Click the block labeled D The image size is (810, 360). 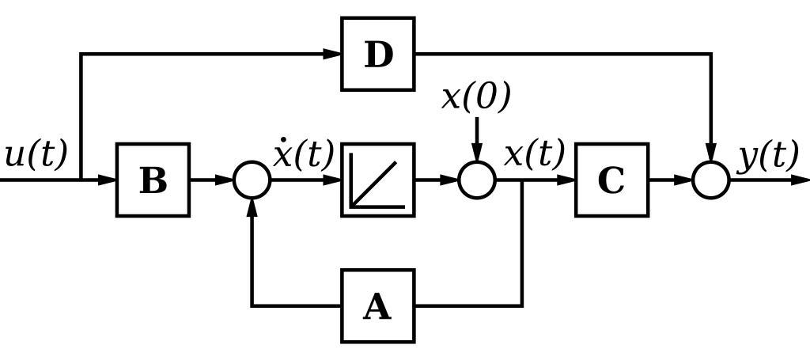(x=378, y=54)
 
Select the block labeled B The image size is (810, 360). (x=153, y=180)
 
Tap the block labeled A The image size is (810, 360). (x=378, y=305)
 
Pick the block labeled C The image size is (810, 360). (x=611, y=180)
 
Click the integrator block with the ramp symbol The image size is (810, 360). (x=378, y=180)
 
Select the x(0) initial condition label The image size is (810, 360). (x=476, y=97)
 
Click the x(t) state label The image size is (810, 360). (x=535, y=153)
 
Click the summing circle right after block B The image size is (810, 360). (x=252, y=180)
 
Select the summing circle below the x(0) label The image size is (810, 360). (x=477, y=180)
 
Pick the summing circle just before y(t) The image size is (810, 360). (x=711, y=180)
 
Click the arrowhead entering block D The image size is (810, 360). (x=332, y=54)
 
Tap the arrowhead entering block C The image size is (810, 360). (x=566, y=180)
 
